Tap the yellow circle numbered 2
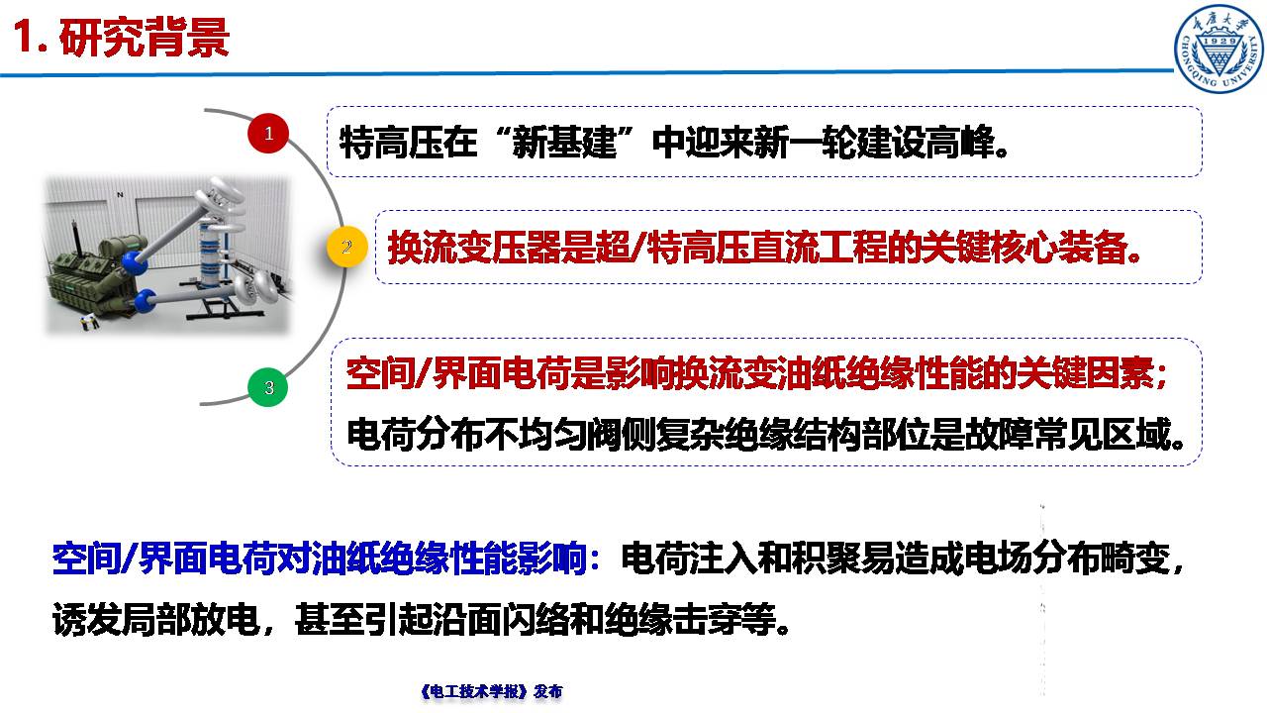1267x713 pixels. pyautogui.click(x=346, y=246)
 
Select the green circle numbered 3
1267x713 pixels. pyautogui.click(x=268, y=387)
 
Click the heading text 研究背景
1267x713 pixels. pyautogui.click(x=145, y=38)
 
